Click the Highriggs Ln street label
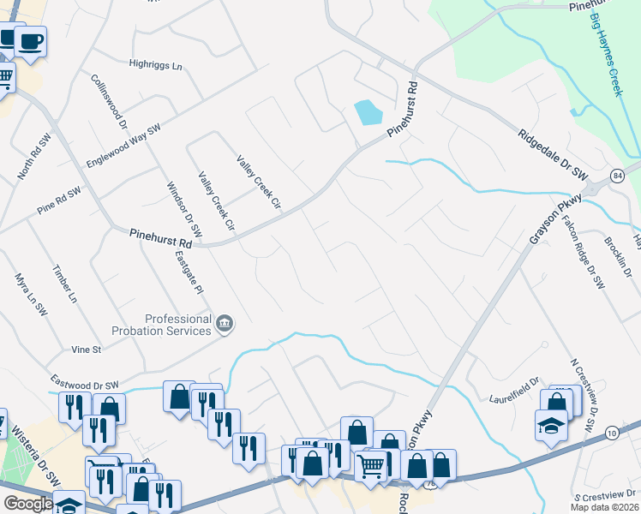156,64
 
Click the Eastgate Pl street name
188,272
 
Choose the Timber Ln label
65,284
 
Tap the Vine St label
86,350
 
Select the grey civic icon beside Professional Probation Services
225,323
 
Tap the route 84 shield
618,176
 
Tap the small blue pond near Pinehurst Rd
368,112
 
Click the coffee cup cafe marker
30,41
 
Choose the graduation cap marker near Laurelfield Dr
551,426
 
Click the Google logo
27,504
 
